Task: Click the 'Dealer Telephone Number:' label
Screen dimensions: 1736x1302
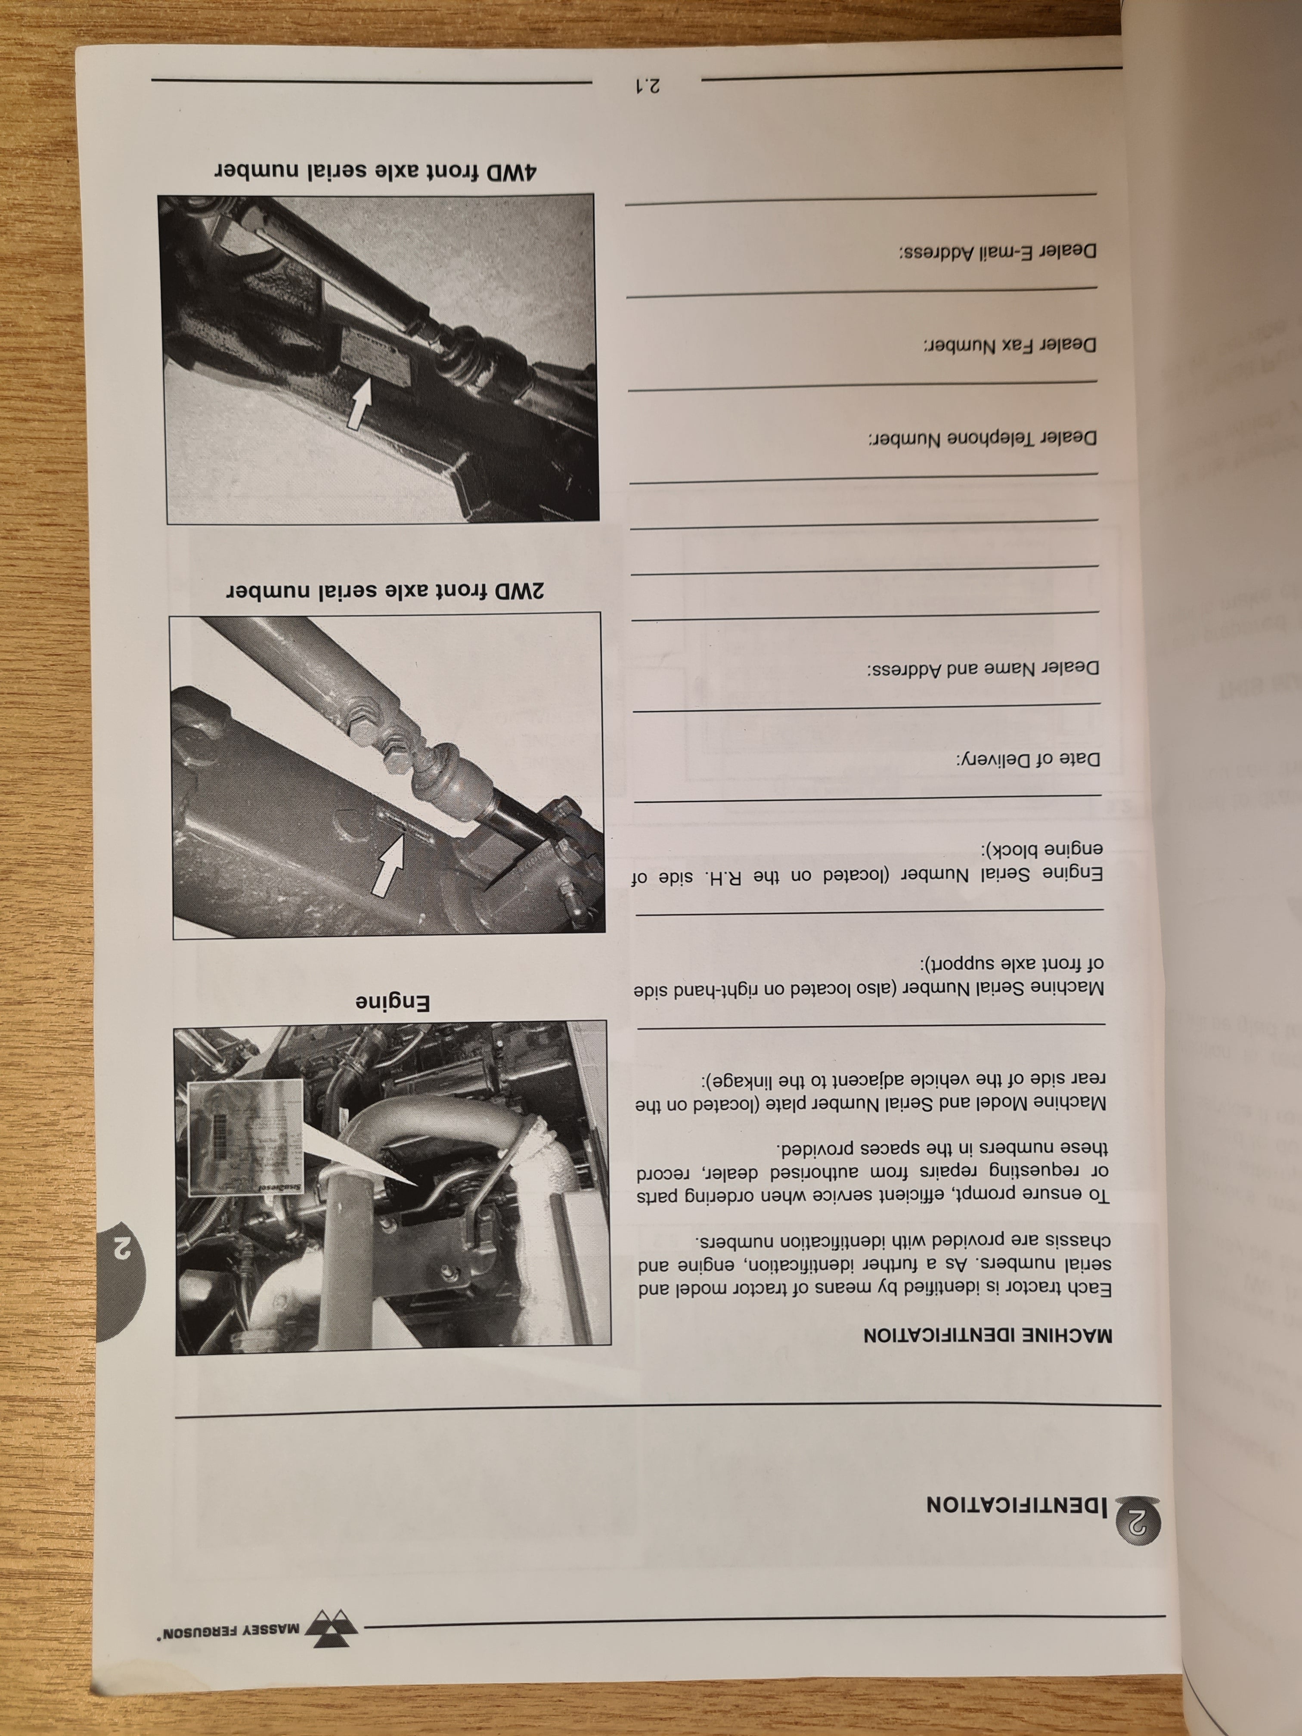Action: pos(981,438)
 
